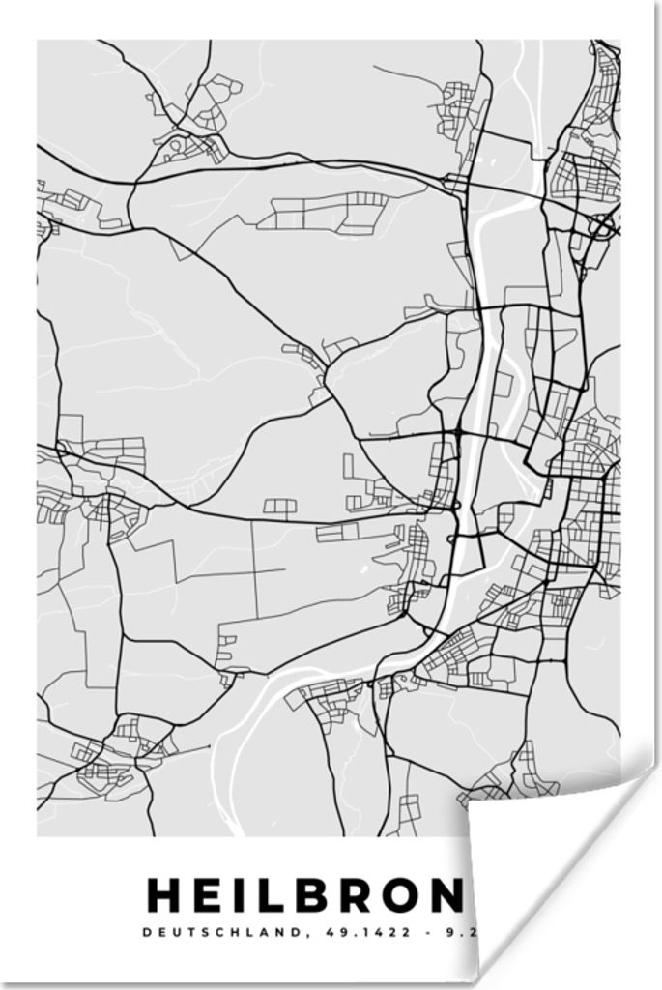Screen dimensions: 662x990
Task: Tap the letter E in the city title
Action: (211, 896)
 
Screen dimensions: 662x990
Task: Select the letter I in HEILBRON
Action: (243, 896)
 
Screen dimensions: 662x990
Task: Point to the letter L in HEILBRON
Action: (273, 896)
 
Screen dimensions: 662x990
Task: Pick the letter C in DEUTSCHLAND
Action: (215, 933)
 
